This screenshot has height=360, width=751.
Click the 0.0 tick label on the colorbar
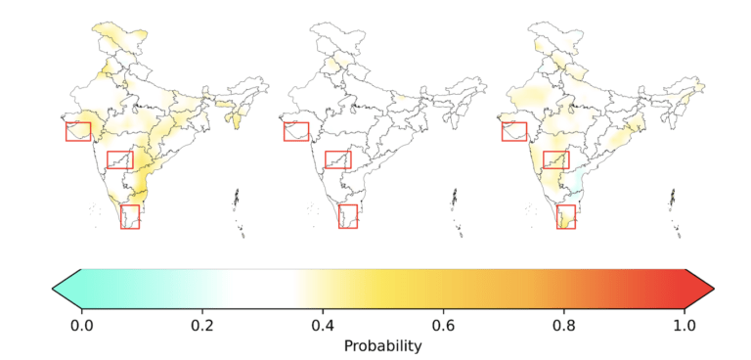(81, 327)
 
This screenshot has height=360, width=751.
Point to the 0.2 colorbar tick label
(202, 327)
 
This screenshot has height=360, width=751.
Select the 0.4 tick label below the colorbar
(323, 327)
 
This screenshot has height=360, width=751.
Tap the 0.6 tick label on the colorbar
(444, 327)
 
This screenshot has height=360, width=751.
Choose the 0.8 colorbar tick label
(564, 327)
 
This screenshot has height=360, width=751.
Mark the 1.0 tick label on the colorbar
(685, 327)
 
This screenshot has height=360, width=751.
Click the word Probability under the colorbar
(383, 345)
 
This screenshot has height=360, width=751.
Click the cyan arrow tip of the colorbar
(53, 289)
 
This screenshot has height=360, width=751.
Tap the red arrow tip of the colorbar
(714, 289)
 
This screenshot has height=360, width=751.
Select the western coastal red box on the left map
(66, 131)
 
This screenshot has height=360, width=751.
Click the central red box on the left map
(108, 160)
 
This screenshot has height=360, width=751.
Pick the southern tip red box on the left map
(120, 216)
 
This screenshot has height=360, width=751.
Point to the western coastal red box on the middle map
(284, 131)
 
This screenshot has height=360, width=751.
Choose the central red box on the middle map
(326, 160)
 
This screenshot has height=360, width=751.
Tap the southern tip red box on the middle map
(338, 216)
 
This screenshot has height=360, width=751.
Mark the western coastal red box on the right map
(502, 131)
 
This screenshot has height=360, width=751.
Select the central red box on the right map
(543, 160)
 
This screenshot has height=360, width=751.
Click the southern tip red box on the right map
(556, 216)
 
